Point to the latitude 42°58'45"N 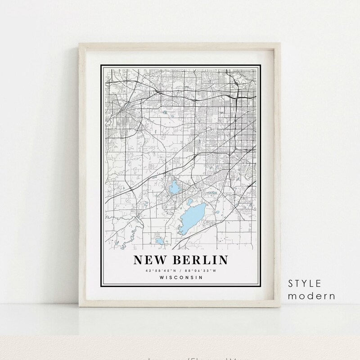click(x=158, y=270)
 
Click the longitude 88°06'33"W click(x=200, y=270)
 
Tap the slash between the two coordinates click(x=179, y=270)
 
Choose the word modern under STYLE click(x=313, y=296)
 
